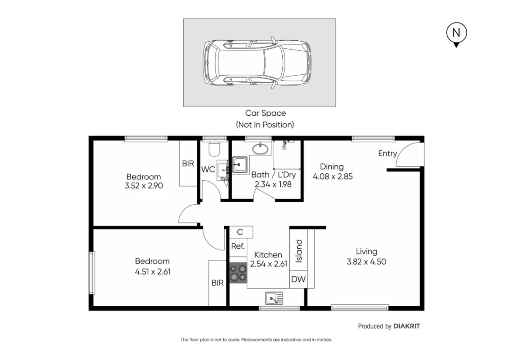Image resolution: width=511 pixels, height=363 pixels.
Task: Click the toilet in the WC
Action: (x=214, y=149)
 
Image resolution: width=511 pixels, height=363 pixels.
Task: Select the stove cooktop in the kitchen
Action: (x=238, y=273)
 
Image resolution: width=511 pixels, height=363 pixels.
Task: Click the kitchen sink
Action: (x=274, y=298)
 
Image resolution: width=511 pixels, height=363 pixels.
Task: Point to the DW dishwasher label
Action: (x=298, y=279)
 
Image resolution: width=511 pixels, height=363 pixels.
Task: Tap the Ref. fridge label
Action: (x=238, y=246)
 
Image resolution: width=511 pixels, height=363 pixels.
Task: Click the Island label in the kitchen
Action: (x=298, y=251)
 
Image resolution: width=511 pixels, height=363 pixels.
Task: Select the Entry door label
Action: (x=387, y=154)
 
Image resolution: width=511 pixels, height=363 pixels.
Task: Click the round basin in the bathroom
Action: (x=260, y=148)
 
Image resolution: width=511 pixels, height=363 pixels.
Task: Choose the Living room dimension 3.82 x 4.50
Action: (x=366, y=262)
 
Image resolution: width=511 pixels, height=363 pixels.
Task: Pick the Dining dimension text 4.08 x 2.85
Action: (x=333, y=176)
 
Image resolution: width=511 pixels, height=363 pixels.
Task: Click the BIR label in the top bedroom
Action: (x=188, y=164)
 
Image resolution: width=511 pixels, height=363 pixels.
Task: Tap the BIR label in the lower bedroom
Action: (x=217, y=283)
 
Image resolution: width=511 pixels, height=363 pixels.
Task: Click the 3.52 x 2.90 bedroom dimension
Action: (x=144, y=186)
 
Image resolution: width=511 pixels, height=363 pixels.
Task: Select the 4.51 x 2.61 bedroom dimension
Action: (x=152, y=272)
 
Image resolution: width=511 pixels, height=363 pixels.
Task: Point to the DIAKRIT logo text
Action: (x=406, y=326)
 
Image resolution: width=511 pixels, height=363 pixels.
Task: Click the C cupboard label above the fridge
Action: (x=240, y=232)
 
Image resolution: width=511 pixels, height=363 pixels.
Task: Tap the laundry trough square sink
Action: (x=240, y=165)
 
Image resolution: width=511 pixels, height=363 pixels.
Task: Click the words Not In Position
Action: (x=265, y=125)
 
